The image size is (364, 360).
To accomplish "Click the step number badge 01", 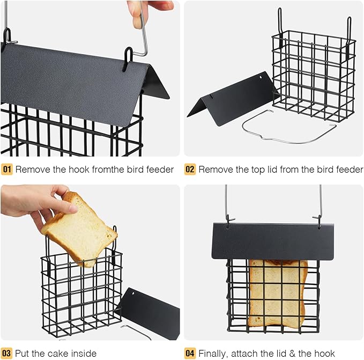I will tap(7, 170).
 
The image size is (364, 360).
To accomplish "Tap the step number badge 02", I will tap(190, 170).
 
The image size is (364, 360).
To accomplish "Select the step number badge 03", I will tap(7, 353).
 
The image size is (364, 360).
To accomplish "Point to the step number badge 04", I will tap(190, 353).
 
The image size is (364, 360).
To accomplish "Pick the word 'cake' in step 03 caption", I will tap(55, 353).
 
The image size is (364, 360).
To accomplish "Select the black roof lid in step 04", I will tap(273, 241).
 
